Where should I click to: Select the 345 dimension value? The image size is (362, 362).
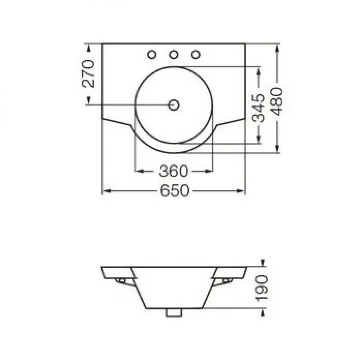click(258, 108)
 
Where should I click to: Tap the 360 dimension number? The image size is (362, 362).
click(173, 171)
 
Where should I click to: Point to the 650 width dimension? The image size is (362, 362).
click(174, 191)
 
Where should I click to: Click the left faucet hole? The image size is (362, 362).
click(152, 55)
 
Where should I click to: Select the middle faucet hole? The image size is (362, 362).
click(173, 55)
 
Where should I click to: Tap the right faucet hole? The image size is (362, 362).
click(196, 55)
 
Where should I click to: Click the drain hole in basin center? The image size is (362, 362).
click(174, 105)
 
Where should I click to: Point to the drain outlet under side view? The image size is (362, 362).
click(174, 313)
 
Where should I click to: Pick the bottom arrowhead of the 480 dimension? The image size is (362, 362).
click(277, 149)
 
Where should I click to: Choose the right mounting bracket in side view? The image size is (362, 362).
click(227, 281)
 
